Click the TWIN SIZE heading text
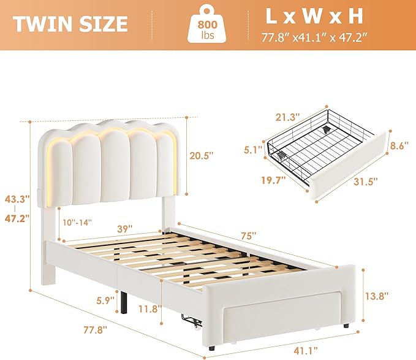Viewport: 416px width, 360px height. coord(70,24)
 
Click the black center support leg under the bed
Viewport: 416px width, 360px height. coord(124,302)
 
